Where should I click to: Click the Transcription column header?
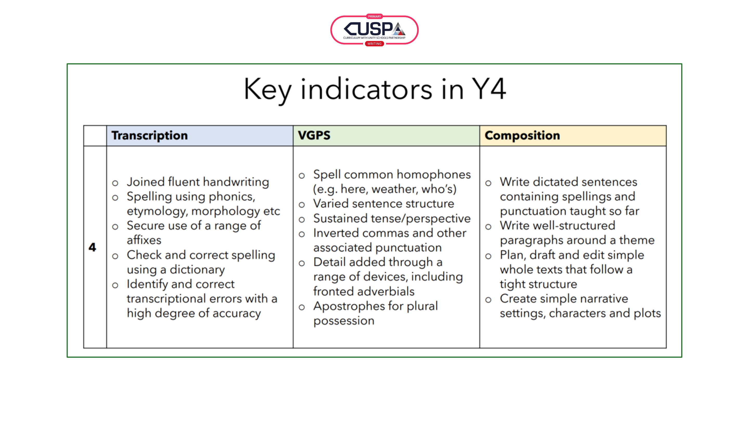pos(150,136)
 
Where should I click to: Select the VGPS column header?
pos(314,135)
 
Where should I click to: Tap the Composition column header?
pos(522,136)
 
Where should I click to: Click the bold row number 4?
pos(92,247)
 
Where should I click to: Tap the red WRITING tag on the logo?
pos(374,44)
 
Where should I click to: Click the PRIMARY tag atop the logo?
pos(374,17)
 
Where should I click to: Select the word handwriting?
pos(236,182)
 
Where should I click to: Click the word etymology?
pos(157,212)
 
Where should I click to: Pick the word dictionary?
pos(197,270)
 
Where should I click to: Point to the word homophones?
pos(434,175)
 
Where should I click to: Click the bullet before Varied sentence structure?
pos(302,205)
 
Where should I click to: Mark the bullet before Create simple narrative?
pos(488,300)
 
